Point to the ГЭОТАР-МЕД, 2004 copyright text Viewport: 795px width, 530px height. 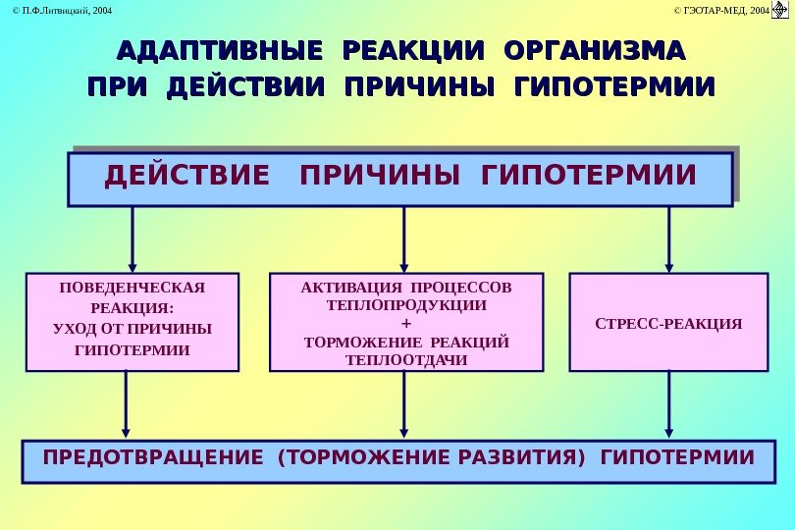click(x=720, y=10)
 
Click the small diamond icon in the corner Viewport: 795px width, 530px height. click(x=781, y=10)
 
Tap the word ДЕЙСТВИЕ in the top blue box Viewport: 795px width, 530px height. click(x=186, y=177)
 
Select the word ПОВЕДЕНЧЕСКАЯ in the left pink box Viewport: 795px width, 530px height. click(x=132, y=288)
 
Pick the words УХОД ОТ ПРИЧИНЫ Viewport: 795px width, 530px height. click(x=132, y=328)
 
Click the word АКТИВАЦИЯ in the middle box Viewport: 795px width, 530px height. click(x=344, y=288)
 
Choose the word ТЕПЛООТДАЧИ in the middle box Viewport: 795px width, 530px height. click(x=406, y=359)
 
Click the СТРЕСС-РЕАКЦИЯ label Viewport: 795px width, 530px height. click(x=668, y=323)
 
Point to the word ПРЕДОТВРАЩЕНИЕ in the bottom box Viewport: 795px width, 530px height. click(x=153, y=458)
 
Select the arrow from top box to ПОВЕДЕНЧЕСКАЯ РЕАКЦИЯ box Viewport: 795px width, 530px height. click(x=132, y=238)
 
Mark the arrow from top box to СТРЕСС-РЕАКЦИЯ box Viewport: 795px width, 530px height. click(x=668, y=238)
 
